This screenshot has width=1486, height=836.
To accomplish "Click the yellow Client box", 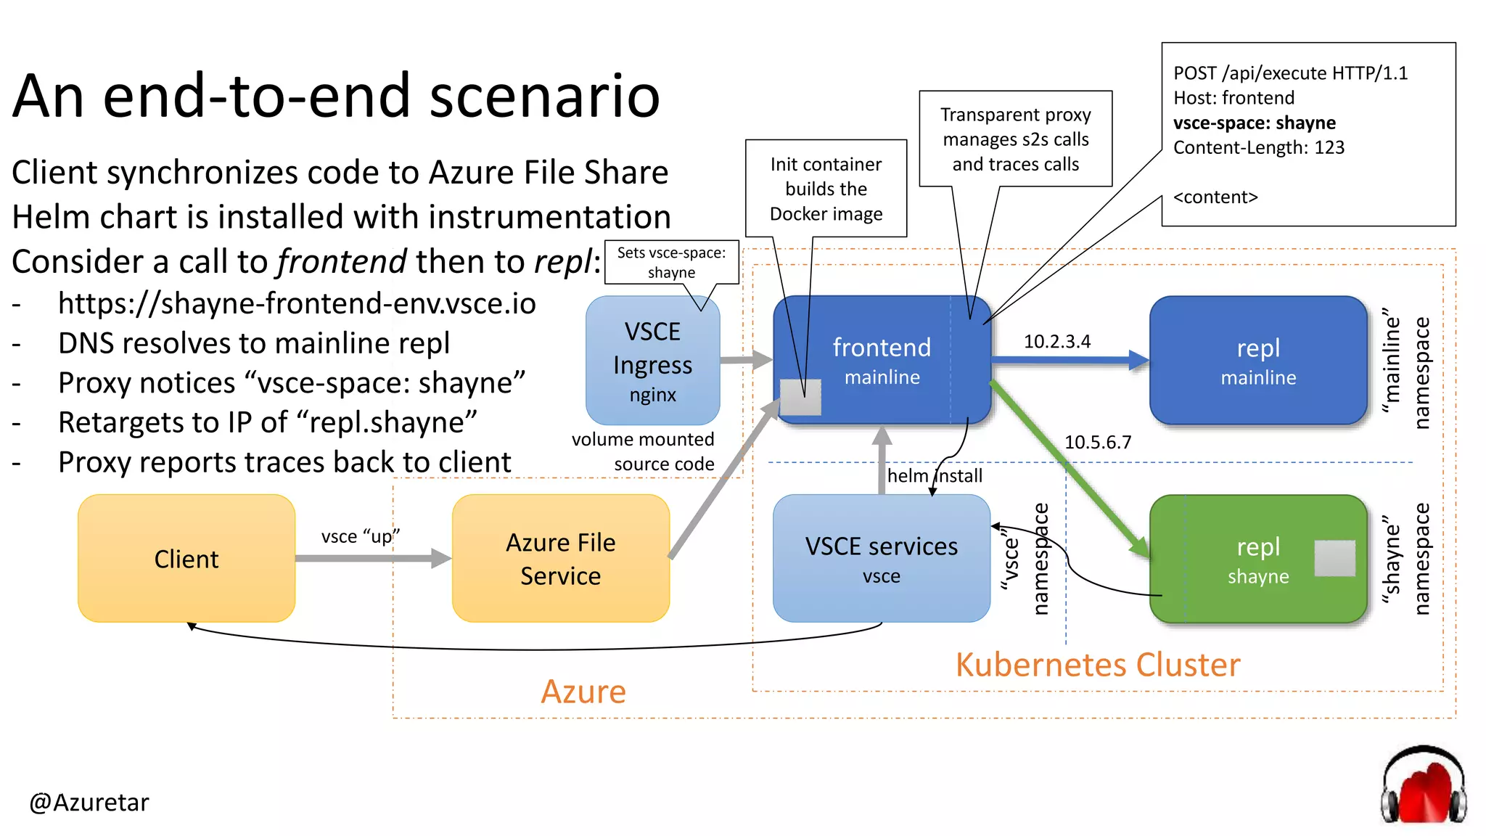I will coord(186,559).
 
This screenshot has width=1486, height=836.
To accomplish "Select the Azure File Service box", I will coord(560,559).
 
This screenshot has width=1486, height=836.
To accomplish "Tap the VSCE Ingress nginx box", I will coord(652,361).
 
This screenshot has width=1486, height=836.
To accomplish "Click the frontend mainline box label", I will coord(882,361).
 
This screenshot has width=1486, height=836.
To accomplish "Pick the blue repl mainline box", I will coord(1258,361).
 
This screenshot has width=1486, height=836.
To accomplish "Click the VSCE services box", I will coord(881,559).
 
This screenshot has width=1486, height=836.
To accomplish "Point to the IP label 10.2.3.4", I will coord(1056,341).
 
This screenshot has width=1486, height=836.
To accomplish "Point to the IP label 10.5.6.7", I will coord(1097,442).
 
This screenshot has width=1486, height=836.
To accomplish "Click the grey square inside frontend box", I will coord(800,398).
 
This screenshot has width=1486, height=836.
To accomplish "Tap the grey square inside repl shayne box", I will coord(1334,558).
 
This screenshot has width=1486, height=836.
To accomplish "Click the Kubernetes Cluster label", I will coord(1097,664).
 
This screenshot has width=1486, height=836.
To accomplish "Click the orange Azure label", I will coord(583,691).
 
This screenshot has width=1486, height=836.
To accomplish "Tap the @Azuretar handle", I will coord(89,802).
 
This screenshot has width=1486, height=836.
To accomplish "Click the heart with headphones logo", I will coord(1423,786).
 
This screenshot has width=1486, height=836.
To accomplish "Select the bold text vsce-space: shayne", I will coord(1254,123).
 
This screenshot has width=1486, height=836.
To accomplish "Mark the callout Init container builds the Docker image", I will coord(826,189).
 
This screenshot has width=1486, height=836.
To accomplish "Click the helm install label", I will coord(935,475).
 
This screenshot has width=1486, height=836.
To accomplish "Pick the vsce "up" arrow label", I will coord(360,536).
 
